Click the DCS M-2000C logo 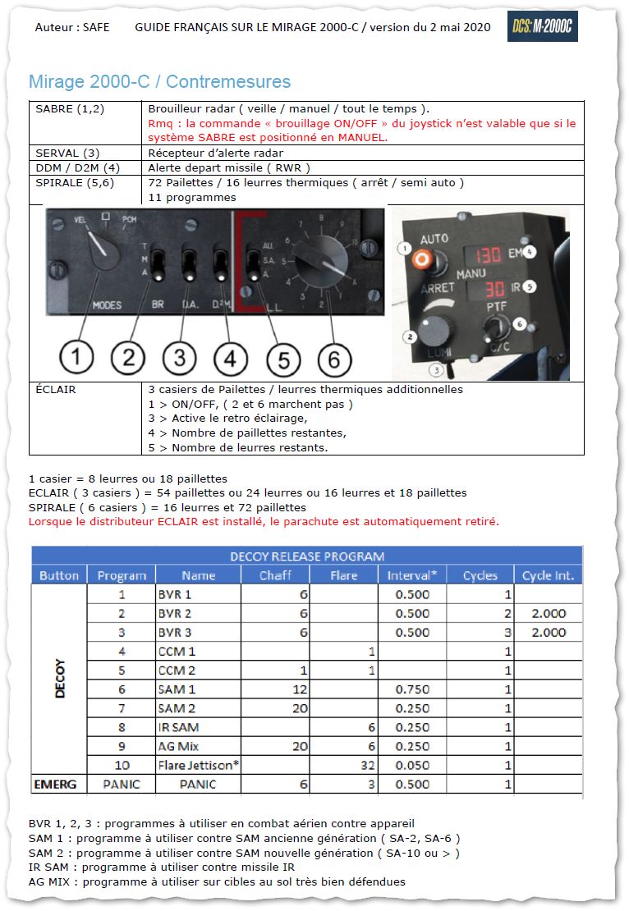pos(542,27)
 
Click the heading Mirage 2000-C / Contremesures pos(159,82)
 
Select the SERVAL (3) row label pos(68,153)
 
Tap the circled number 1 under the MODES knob pos(76,357)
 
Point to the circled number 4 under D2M pos(230,358)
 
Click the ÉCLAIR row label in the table pos(56,390)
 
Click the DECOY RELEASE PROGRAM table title pos(306,556)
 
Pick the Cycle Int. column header pos(548,575)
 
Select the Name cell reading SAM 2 pos(177,707)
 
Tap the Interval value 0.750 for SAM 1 pos(411,689)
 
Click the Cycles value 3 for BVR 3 pos(507,632)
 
